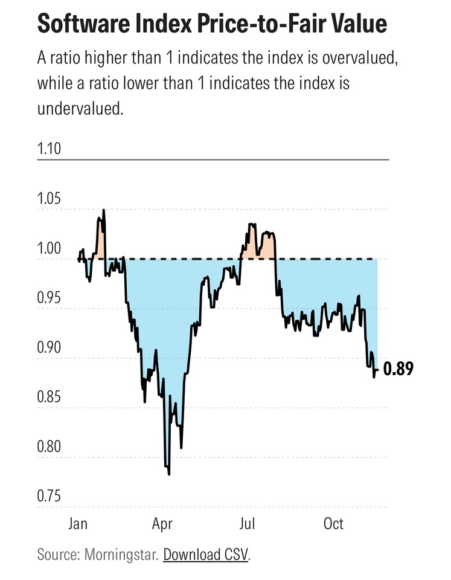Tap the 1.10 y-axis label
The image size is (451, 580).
tap(49, 148)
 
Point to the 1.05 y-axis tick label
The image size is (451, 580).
tap(49, 199)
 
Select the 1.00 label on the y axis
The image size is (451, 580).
tap(49, 249)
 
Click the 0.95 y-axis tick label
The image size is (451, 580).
tap(49, 298)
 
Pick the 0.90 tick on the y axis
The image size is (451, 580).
tap(49, 348)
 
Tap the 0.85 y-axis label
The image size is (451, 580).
tap(49, 398)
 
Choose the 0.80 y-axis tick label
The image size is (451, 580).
tap(49, 447)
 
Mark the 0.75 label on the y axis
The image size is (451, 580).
tap(49, 497)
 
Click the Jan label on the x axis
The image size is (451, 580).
tap(77, 523)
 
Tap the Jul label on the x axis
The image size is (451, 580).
tap(247, 523)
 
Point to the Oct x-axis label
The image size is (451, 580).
tap(333, 523)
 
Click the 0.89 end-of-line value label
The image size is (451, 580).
tap(398, 370)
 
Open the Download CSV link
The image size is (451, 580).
tap(205, 554)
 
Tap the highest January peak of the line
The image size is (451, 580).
tap(104, 210)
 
